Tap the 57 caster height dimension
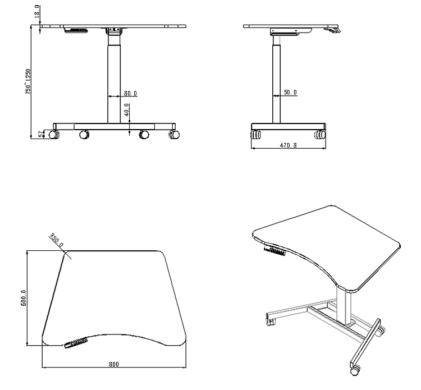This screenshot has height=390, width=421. tap(39, 134)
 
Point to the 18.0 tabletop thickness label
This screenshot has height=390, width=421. tap(37, 12)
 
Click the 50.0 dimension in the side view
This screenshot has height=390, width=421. tap(290, 93)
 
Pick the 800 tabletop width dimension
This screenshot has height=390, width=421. tap(115, 364)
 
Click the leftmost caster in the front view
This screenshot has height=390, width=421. tap(54, 135)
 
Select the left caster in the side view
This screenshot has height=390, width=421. tap(257, 135)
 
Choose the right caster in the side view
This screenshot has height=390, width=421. tap(320, 135)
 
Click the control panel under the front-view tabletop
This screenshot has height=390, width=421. tap(76, 29)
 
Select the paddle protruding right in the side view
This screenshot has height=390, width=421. tap(333, 30)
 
